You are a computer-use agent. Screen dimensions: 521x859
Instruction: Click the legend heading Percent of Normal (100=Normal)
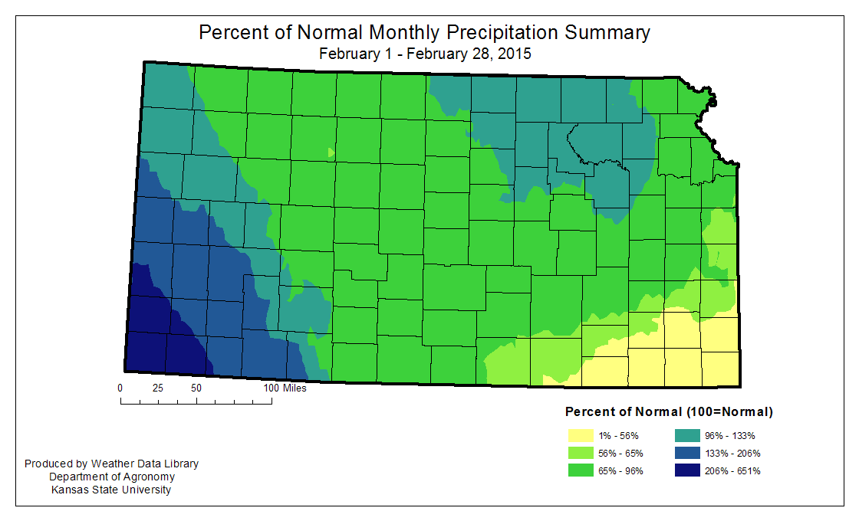pyautogui.click(x=668, y=412)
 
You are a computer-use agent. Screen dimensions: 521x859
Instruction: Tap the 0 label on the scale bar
pyautogui.click(x=120, y=388)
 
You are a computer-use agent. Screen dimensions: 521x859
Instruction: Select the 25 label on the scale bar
pyautogui.click(x=158, y=388)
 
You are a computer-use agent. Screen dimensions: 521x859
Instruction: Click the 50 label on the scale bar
pyautogui.click(x=196, y=388)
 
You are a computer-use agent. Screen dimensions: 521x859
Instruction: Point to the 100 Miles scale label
pyautogui.click(x=285, y=388)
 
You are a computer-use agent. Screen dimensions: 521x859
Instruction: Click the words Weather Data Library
pyautogui.click(x=145, y=464)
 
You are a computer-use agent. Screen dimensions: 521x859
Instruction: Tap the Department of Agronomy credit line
pyautogui.click(x=112, y=477)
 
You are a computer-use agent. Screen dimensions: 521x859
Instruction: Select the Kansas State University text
pyautogui.click(x=112, y=490)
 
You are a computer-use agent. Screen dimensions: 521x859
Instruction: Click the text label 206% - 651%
pyautogui.click(x=737, y=471)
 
